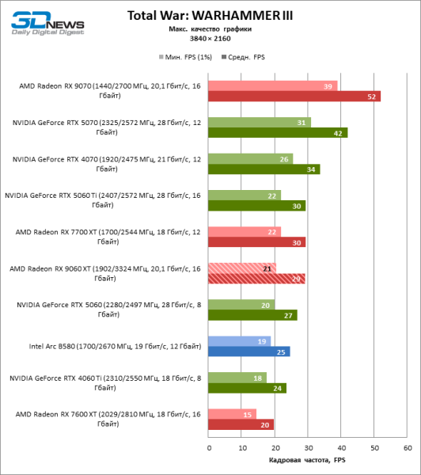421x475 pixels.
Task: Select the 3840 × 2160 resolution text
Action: coord(209,39)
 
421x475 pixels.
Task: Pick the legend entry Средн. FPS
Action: coord(248,57)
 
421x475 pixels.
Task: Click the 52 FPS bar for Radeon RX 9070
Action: coord(294,97)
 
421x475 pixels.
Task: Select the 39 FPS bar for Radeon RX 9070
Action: coord(273,85)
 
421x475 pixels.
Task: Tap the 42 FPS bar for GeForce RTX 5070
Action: coord(278,133)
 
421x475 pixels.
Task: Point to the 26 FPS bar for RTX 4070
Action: coord(251,158)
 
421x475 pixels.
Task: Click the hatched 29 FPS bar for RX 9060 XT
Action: coord(256,279)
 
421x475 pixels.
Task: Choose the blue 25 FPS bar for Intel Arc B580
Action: coord(249,351)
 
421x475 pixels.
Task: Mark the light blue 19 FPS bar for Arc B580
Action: coord(240,341)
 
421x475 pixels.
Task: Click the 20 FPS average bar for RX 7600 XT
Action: coord(241,424)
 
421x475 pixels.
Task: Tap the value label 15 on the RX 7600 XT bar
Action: coord(249,414)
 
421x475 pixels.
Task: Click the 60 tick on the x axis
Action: coord(408,448)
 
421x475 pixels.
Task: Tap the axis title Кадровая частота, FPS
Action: coord(308,461)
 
